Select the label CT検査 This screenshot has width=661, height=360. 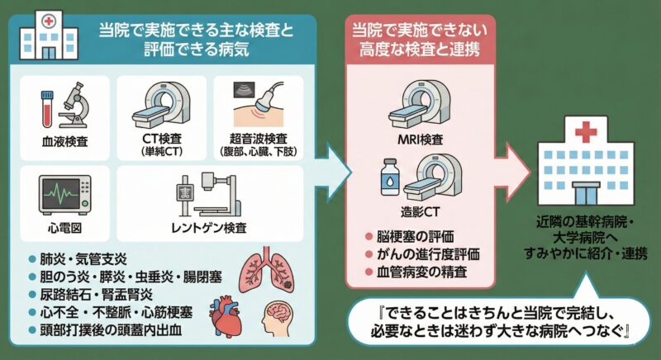(x=161, y=140)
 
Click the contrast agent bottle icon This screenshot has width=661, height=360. (x=388, y=176)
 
